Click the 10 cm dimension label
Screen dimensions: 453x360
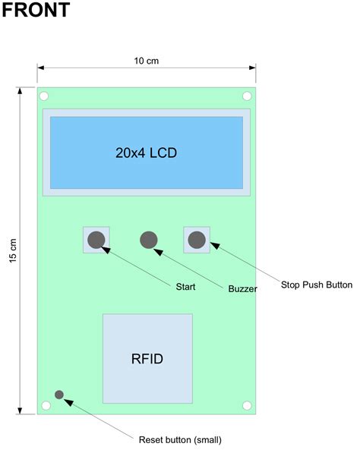(x=146, y=61)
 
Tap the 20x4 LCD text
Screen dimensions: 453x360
(x=146, y=152)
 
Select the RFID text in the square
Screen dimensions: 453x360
(x=147, y=358)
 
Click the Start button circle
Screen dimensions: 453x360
(x=96, y=240)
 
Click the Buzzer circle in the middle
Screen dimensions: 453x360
(x=149, y=240)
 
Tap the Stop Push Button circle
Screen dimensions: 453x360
(x=197, y=240)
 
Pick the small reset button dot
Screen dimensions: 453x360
(x=59, y=395)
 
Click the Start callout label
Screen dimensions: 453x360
(x=185, y=287)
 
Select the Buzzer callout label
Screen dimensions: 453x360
(x=242, y=289)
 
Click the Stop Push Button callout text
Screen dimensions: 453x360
(x=317, y=285)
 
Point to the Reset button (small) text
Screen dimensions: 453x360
(x=180, y=439)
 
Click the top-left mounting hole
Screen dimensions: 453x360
(x=44, y=96)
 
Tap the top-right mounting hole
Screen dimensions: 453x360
(x=247, y=96)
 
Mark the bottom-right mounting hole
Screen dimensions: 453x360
(x=247, y=406)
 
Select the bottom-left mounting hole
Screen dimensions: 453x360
(x=46, y=406)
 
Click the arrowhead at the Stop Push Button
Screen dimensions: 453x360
(x=213, y=245)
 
